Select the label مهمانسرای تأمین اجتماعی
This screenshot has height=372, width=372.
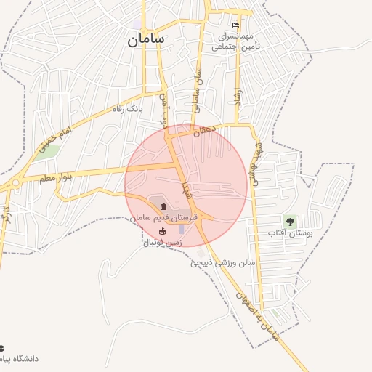pyautogui.click(x=236, y=40)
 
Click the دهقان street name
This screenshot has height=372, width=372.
pyautogui.click(x=206, y=130)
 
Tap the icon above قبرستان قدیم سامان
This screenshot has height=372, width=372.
pyautogui.click(x=162, y=207)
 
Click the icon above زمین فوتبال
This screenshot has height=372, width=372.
pyautogui.click(x=162, y=231)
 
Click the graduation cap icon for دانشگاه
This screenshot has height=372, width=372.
pyautogui.click(x=2, y=349)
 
